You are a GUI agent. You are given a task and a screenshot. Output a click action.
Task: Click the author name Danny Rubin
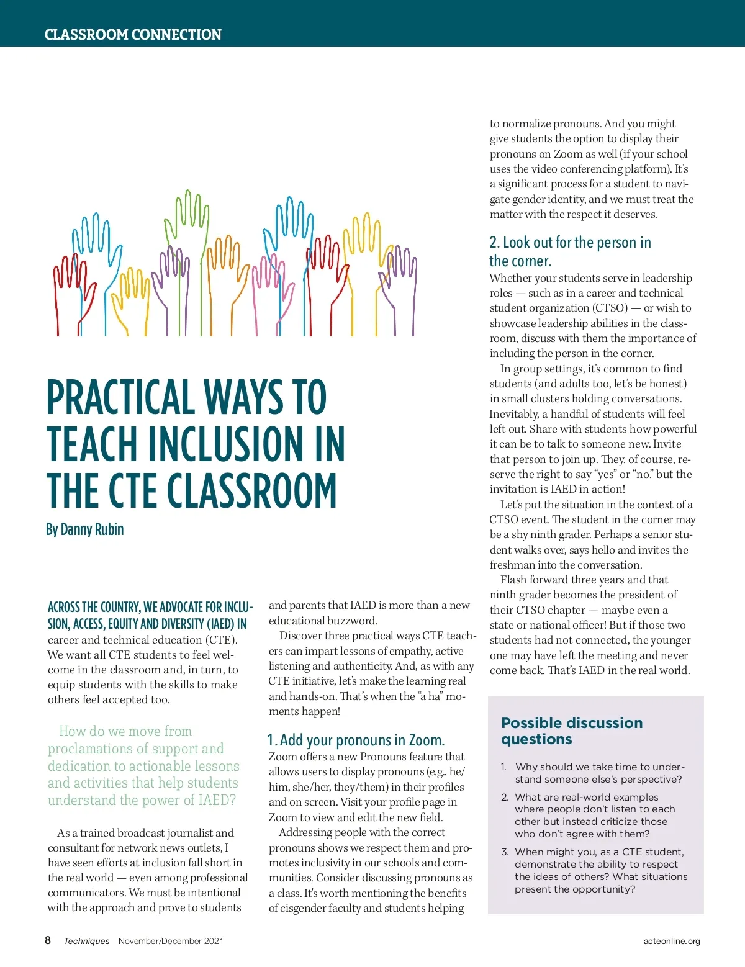tap(84, 529)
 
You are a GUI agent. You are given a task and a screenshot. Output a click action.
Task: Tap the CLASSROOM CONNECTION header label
tap(133, 34)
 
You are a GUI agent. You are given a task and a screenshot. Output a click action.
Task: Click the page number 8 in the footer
tap(48, 940)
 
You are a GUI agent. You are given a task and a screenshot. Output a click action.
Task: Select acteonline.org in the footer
tap(671, 941)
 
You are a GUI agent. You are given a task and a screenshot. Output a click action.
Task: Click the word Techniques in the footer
tap(86, 941)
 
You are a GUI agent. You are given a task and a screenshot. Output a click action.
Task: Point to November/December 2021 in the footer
tap(171, 941)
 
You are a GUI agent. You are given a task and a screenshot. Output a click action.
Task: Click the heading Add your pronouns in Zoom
tap(356, 740)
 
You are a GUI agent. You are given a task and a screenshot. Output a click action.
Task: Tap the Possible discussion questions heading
tap(571, 731)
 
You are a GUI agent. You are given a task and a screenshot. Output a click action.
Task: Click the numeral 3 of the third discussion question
tap(504, 852)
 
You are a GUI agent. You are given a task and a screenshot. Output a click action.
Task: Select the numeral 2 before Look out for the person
tap(494, 243)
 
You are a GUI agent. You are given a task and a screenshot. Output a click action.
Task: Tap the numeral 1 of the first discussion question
tap(504, 767)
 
